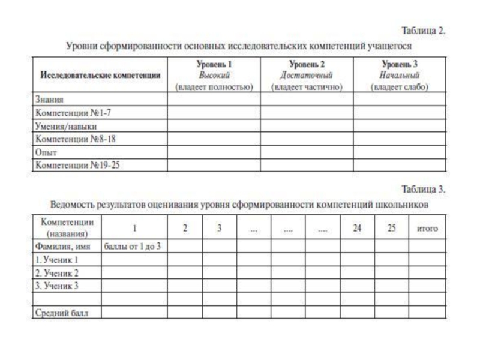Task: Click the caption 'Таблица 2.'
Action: tap(424, 31)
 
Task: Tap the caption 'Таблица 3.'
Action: tap(424, 189)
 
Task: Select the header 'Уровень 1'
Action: tap(214, 64)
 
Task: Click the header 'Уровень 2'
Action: tap(307, 64)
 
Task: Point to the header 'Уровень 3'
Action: tap(399, 64)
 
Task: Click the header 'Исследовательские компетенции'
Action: tap(100, 75)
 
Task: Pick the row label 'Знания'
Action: tap(50, 100)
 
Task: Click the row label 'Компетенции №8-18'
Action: tap(69, 139)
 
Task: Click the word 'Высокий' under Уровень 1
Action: tap(214, 75)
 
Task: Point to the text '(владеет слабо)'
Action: tap(399, 87)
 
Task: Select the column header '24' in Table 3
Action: tap(358, 228)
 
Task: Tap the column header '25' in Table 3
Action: tap(392, 228)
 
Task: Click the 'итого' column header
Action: tap(427, 229)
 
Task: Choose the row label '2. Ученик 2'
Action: tap(57, 272)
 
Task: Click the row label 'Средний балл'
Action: tap(61, 312)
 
